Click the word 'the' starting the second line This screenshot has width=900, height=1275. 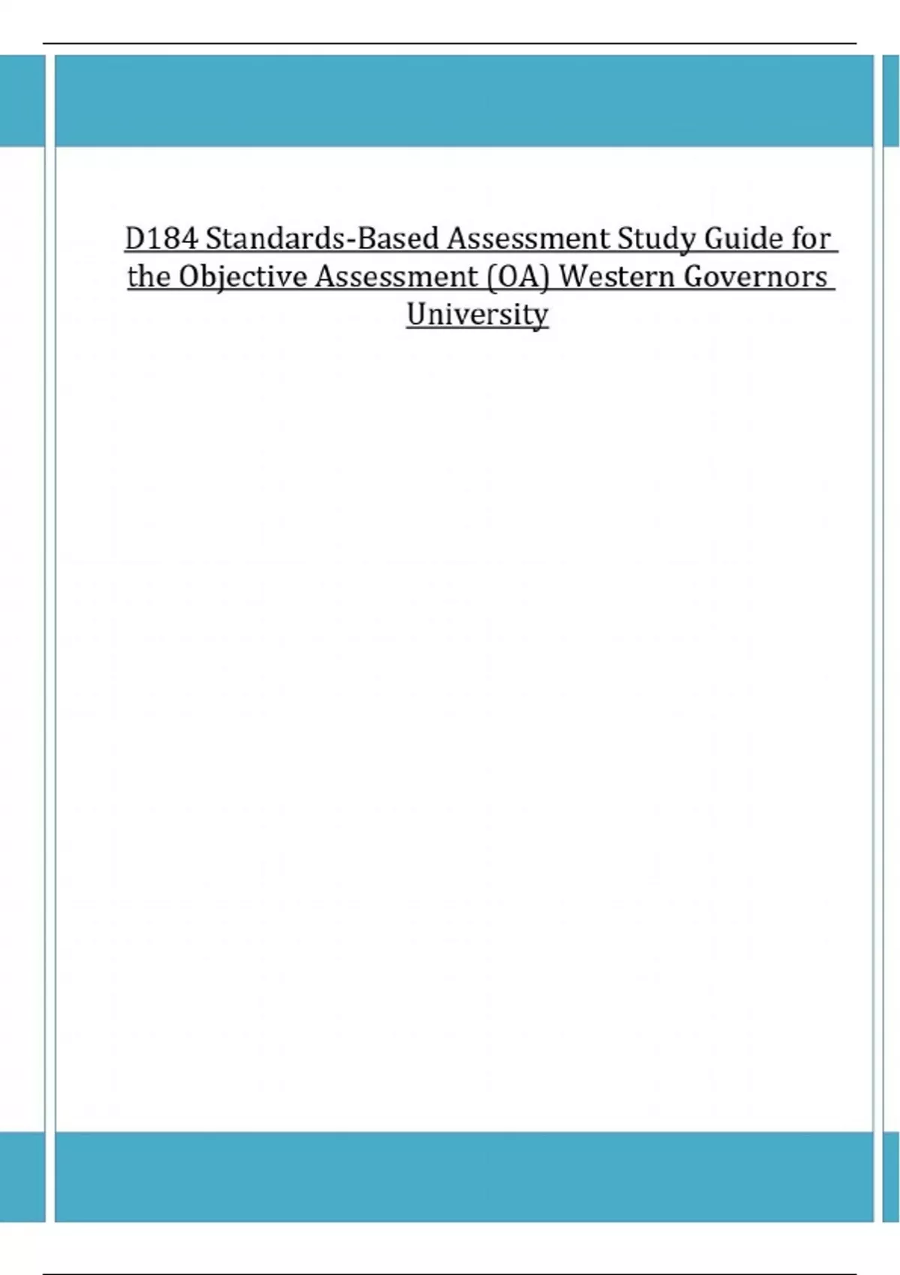tap(148, 277)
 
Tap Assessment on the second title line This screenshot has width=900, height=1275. tap(395, 277)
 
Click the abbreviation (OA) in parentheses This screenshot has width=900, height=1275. tap(518, 277)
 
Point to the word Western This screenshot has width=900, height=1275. tap(618, 277)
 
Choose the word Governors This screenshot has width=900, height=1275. tap(755, 277)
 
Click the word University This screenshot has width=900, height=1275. tap(477, 314)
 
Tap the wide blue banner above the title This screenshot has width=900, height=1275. tap(463, 100)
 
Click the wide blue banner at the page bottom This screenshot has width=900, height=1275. tap(463, 1176)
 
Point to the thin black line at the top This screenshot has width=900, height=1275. tap(450, 43)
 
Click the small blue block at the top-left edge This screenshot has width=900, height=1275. tap(22, 100)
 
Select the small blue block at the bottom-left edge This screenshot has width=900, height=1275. tap(22, 1176)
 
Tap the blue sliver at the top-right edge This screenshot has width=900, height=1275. tap(892, 100)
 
